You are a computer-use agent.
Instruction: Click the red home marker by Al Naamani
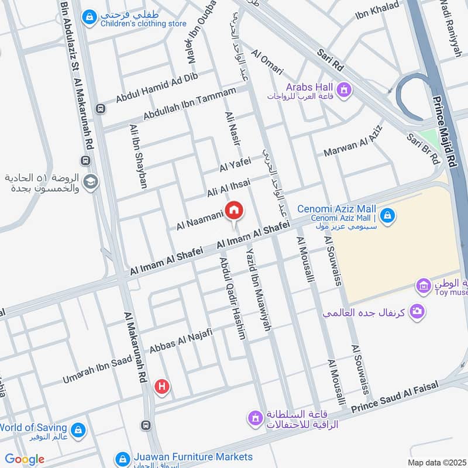234,210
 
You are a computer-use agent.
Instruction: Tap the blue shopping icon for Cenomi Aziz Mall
386,216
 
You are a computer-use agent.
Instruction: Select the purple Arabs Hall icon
345,90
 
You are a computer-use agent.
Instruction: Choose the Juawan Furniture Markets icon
122,458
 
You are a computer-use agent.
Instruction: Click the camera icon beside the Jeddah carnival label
417,311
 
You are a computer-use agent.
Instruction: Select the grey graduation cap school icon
90,182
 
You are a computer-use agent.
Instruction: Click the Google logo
25,459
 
